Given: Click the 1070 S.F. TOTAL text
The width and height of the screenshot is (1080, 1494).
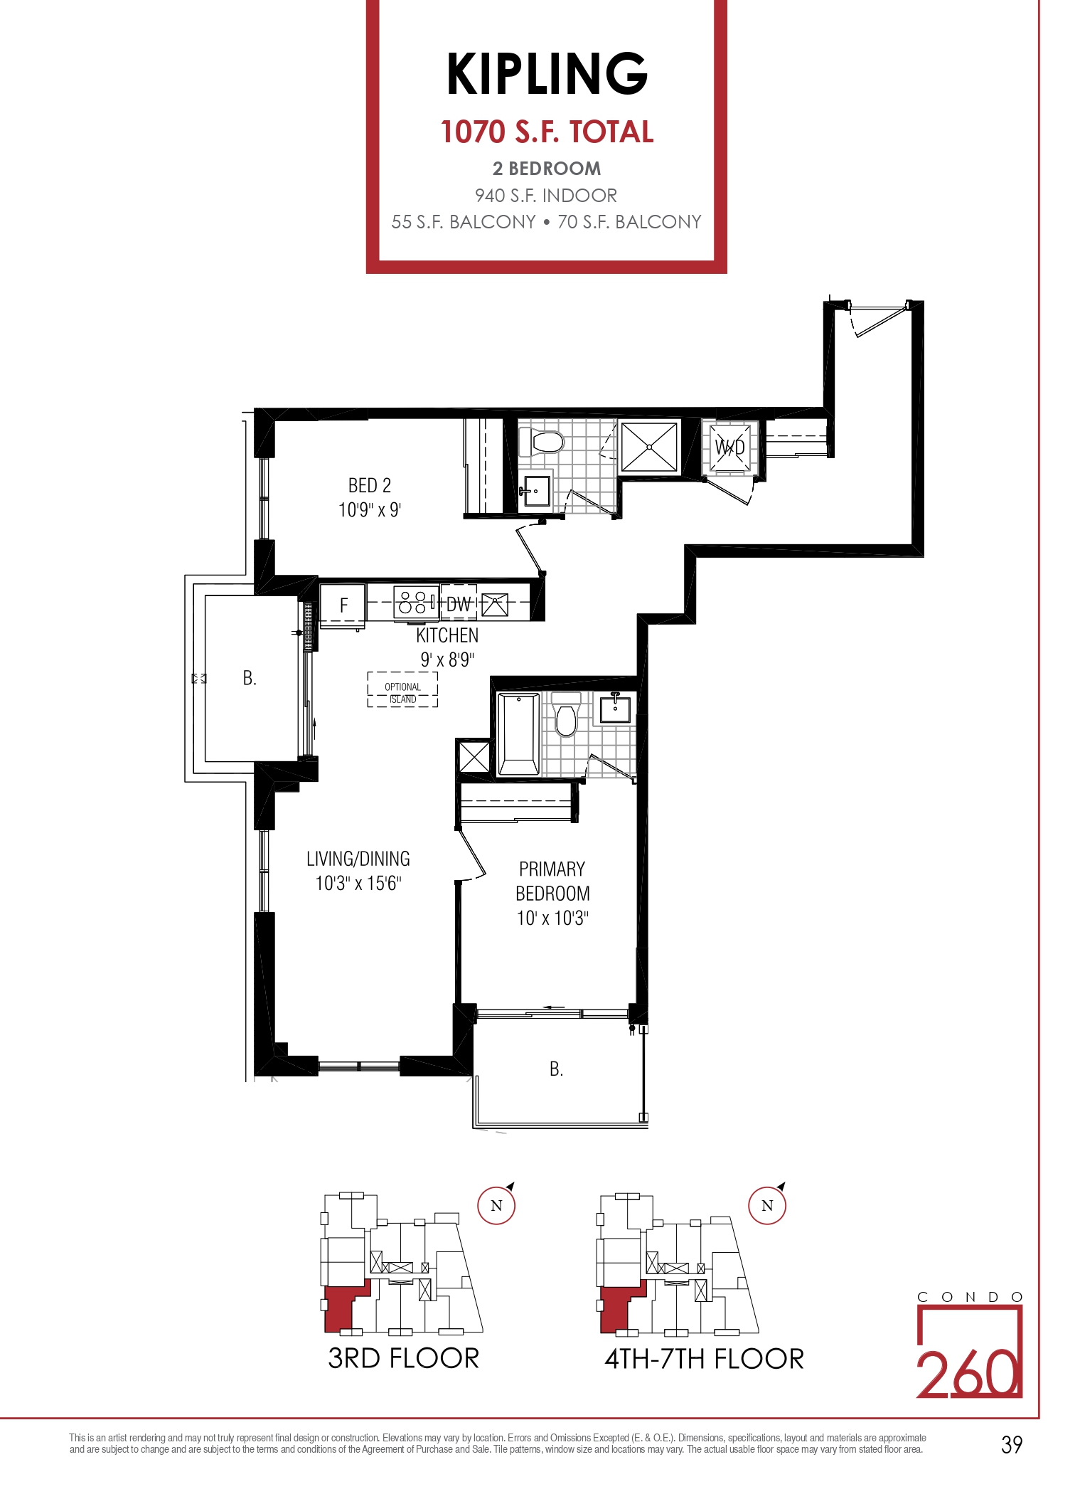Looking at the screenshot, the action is pos(547,132).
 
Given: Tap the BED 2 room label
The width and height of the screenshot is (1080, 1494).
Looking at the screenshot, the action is pos(370,485).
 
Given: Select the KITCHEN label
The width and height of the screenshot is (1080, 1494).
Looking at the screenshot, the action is pos(447,635).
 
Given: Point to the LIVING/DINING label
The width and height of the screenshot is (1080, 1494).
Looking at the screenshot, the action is pos(358,859).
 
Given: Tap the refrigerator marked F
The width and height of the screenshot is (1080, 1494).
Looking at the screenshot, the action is pos(343,605).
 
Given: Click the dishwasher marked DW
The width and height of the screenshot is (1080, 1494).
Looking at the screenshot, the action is pos(459,604).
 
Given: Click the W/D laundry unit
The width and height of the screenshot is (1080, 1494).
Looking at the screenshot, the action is pos(729,447).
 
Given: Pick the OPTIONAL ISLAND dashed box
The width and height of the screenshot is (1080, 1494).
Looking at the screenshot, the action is pos(402,689).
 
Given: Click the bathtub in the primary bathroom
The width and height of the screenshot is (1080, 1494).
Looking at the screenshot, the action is pos(518,733).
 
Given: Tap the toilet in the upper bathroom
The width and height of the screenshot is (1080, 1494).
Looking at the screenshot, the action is pos(542,443).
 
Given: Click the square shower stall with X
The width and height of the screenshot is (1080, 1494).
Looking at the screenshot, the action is pos(649,447).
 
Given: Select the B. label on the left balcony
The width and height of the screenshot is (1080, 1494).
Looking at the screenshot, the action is pos(249,678).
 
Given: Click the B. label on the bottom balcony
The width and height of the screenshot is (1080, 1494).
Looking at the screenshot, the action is pos(556,1069).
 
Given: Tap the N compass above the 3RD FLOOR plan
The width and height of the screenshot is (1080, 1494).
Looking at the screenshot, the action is pos(496,1205).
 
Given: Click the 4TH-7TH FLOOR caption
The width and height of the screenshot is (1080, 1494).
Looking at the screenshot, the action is pos(704,1359).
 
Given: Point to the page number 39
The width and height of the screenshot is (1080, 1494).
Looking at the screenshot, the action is pos(1012,1444).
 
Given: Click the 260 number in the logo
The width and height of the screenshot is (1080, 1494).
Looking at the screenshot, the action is pos(969,1374).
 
